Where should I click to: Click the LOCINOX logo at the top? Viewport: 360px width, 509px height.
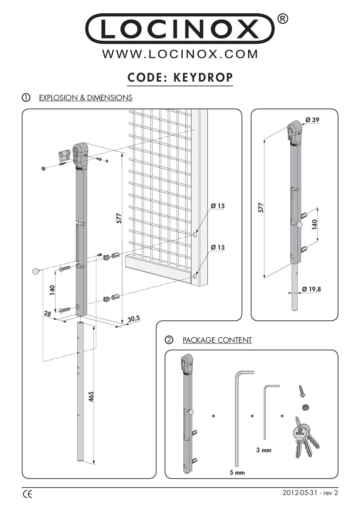tap(180, 29)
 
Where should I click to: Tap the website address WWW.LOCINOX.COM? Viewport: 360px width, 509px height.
tap(180, 54)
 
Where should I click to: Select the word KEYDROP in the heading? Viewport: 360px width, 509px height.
tap(203, 78)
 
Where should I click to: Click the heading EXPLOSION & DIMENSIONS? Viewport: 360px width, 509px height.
tap(85, 98)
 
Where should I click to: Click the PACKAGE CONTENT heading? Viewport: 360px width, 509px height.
tap(217, 340)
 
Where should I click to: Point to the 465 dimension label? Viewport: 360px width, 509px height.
tap(91, 397)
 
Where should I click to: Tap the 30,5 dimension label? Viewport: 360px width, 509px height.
tap(133, 319)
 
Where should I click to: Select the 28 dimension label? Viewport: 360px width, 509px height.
tap(48, 314)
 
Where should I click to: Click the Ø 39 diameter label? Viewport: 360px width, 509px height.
tap(312, 120)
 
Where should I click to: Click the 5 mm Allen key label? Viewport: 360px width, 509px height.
tap(237, 472)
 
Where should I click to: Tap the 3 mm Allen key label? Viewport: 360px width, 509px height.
tap(264, 450)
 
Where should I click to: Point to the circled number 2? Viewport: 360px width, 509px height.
tap(169, 340)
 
